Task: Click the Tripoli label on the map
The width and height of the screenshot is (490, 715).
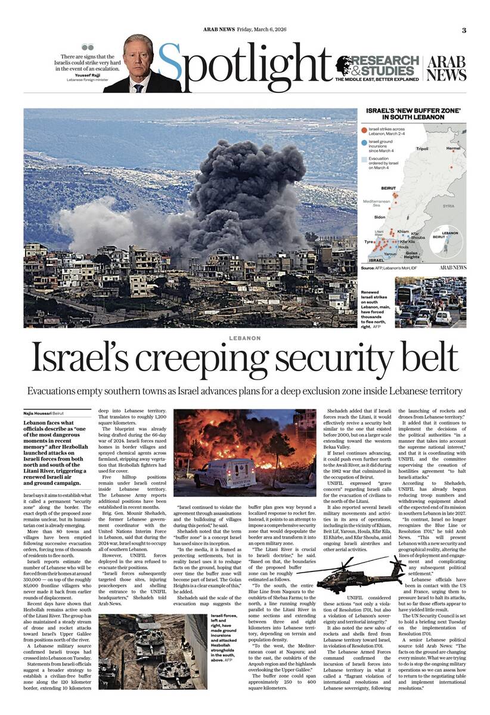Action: click(422, 148)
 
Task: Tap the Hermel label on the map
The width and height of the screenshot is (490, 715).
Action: click(453, 148)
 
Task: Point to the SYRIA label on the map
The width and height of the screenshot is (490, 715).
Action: click(448, 206)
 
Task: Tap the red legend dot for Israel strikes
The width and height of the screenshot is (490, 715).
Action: click(364, 129)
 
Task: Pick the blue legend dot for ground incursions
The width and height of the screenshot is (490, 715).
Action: click(364, 142)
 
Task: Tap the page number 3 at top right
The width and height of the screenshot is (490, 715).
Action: click(464, 31)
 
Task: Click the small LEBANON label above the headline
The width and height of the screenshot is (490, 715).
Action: click(244, 338)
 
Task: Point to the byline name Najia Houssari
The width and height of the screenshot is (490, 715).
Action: click(37, 413)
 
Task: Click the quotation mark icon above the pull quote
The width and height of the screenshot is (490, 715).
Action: click(88, 47)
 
